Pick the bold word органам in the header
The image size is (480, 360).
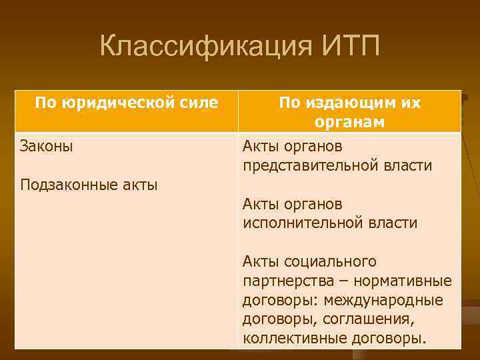click(x=350, y=122)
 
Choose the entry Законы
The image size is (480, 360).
click(x=47, y=145)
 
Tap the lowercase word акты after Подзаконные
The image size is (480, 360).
click(x=139, y=185)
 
